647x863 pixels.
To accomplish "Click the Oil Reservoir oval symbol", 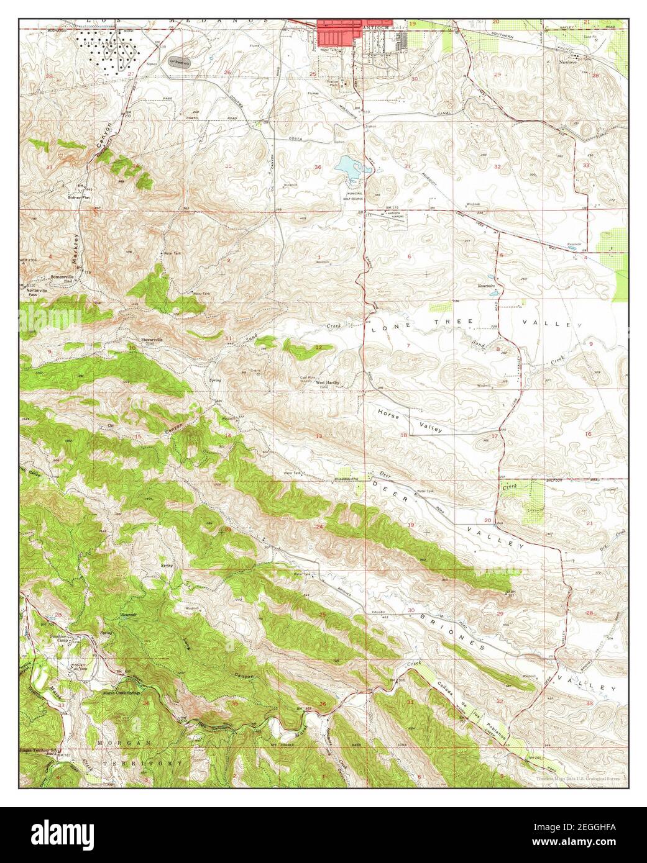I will pos(180,61).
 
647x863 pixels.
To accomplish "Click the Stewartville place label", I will pos(152,340).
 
